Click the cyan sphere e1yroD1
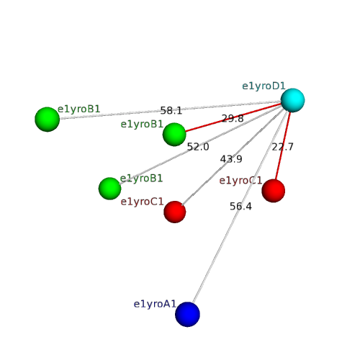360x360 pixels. pos(292,100)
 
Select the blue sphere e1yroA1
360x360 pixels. pos(187,315)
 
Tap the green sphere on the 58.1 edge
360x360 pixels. pos(48,120)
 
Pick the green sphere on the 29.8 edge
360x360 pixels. pos(174,135)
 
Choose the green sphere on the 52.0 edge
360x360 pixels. pos(110,189)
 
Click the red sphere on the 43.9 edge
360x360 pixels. pos(175,212)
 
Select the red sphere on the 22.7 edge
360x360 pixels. pos(274,191)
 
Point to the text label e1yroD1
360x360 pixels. pos(264,86)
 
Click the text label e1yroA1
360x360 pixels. pos(155,305)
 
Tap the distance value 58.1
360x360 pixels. pos(171,111)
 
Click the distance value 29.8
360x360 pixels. pos(233,118)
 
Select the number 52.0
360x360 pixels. pos(198,147)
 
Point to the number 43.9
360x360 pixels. pos(231,159)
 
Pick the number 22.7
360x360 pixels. pos(282,147)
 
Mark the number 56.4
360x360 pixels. pos(240,207)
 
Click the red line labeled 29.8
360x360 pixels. pos(233,117)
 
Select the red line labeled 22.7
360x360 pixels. pos(283,145)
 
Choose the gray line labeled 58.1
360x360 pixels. pos(170,110)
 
